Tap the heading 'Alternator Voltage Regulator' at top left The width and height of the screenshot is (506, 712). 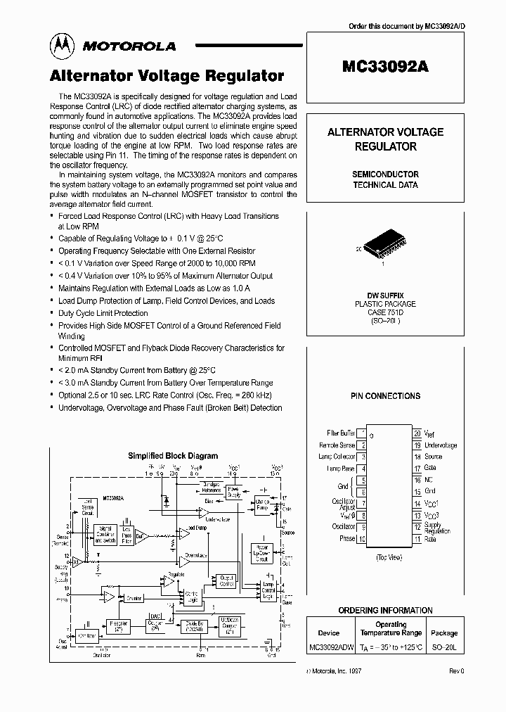167,76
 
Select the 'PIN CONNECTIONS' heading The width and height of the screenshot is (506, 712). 385,396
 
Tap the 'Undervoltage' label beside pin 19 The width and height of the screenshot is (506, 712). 441,445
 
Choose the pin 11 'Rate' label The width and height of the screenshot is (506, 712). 430,540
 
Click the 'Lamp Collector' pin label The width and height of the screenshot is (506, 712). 337,457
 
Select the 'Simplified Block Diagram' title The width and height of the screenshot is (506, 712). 173,456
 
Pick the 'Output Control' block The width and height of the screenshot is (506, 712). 226,581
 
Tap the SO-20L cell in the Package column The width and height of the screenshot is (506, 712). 443,646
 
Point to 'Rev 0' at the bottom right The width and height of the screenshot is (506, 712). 457,671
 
